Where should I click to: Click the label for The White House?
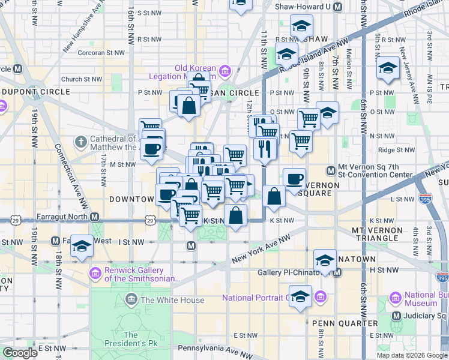tap(172, 300)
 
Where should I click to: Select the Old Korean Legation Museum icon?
tap(225, 71)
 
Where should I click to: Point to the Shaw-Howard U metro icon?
tap(337, 7)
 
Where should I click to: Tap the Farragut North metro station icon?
tap(94, 217)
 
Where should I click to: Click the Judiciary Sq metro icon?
tap(396, 316)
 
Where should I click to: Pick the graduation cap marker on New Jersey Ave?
tap(388, 69)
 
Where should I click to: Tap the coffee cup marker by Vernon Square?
tap(294, 179)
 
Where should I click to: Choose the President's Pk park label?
tap(130, 340)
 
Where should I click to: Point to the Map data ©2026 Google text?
tap(412, 355)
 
